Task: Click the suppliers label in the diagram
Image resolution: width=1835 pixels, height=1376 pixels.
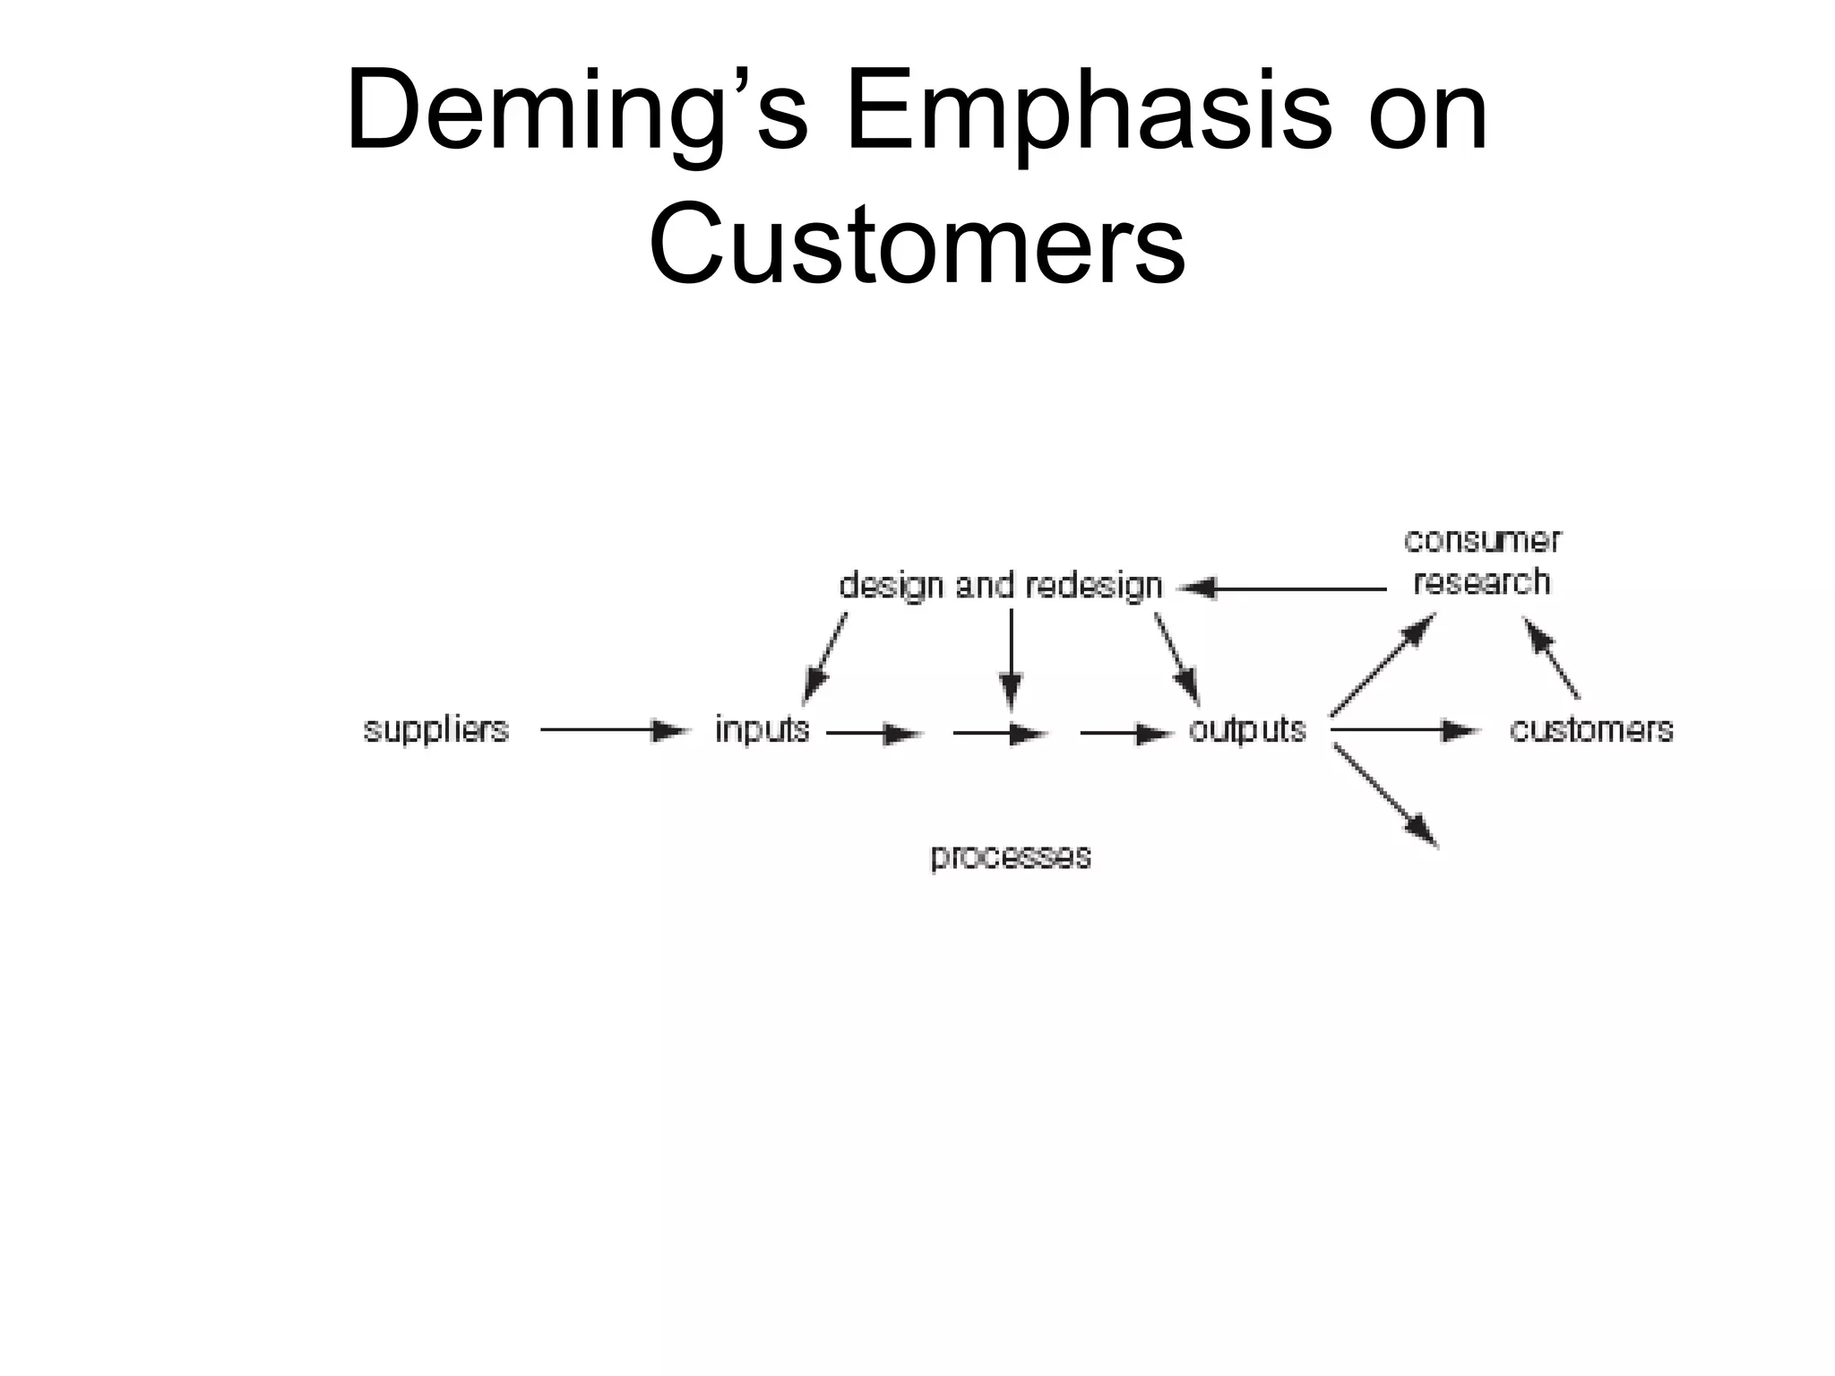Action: (435, 730)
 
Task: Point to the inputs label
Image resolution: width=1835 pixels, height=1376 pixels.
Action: (762, 730)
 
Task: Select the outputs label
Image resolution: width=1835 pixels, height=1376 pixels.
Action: (1246, 730)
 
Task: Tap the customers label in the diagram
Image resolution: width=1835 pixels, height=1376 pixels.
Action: (1591, 730)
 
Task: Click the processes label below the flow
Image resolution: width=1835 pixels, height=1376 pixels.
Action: (1011, 856)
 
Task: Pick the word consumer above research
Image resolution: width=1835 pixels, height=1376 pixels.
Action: (1482, 540)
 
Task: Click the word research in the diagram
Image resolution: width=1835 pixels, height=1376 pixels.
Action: (1482, 582)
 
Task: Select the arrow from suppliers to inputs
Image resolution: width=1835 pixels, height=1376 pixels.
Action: (614, 731)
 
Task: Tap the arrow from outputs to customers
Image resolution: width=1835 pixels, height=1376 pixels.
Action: (1405, 731)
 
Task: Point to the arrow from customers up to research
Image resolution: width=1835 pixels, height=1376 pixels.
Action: (1552, 659)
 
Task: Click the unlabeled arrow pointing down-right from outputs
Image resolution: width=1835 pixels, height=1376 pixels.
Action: (1386, 795)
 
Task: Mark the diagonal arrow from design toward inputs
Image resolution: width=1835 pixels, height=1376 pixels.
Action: (825, 657)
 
